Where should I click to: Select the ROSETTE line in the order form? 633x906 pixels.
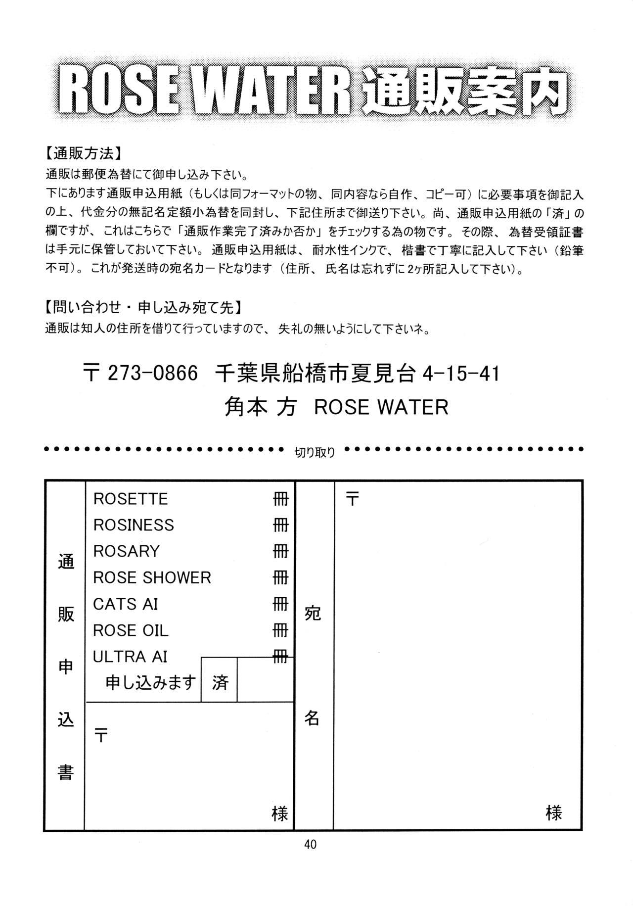coord(131,499)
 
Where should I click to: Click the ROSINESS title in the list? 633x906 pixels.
coord(134,525)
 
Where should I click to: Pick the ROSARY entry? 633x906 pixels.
coord(127,551)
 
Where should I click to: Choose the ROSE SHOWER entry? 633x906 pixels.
coord(152,577)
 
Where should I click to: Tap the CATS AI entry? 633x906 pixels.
coord(126,604)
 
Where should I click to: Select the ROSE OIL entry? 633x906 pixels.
coord(131,630)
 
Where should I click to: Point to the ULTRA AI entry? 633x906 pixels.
coord(130,657)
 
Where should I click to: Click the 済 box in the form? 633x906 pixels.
coord(219,683)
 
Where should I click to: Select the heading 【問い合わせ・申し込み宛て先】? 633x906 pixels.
coord(142,308)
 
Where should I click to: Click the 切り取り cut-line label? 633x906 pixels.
coord(315,452)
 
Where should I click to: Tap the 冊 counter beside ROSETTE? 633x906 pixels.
coord(280,499)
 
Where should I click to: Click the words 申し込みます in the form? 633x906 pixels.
coord(151,683)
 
